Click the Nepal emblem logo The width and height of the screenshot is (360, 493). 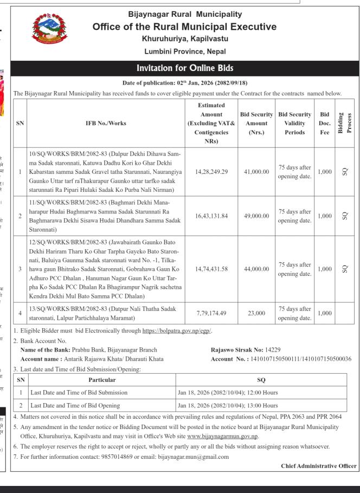(x=47, y=31)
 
